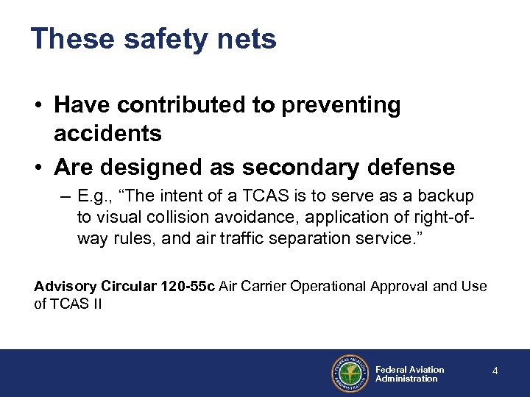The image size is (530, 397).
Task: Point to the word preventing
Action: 345,105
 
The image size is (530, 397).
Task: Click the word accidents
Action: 107,133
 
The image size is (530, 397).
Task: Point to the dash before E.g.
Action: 66,198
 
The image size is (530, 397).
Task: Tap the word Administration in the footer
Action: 406,379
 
